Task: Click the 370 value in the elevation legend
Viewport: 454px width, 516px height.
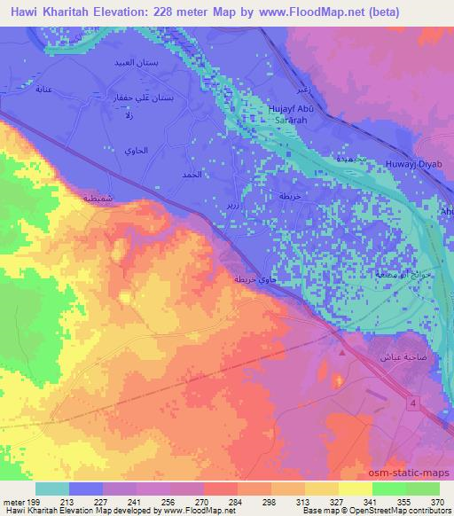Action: click(x=436, y=502)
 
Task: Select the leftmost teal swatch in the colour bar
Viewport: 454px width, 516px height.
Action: click(x=52, y=489)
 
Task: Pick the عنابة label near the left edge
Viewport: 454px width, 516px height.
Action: click(x=41, y=90)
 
